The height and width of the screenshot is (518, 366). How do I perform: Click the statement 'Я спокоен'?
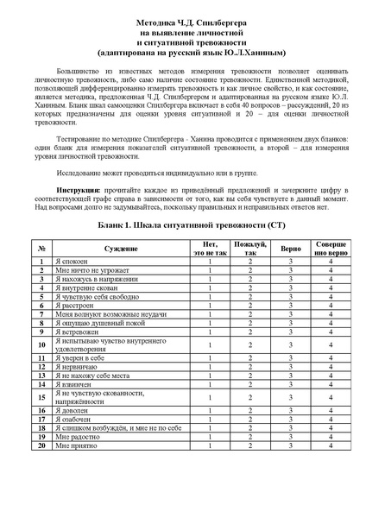[x=71, y=261]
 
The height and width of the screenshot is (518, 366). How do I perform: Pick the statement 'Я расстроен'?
[x=74, y=306]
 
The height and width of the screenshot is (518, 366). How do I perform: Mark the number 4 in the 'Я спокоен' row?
[x=331, y=261]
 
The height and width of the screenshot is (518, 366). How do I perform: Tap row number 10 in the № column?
[x=41, y=344]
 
